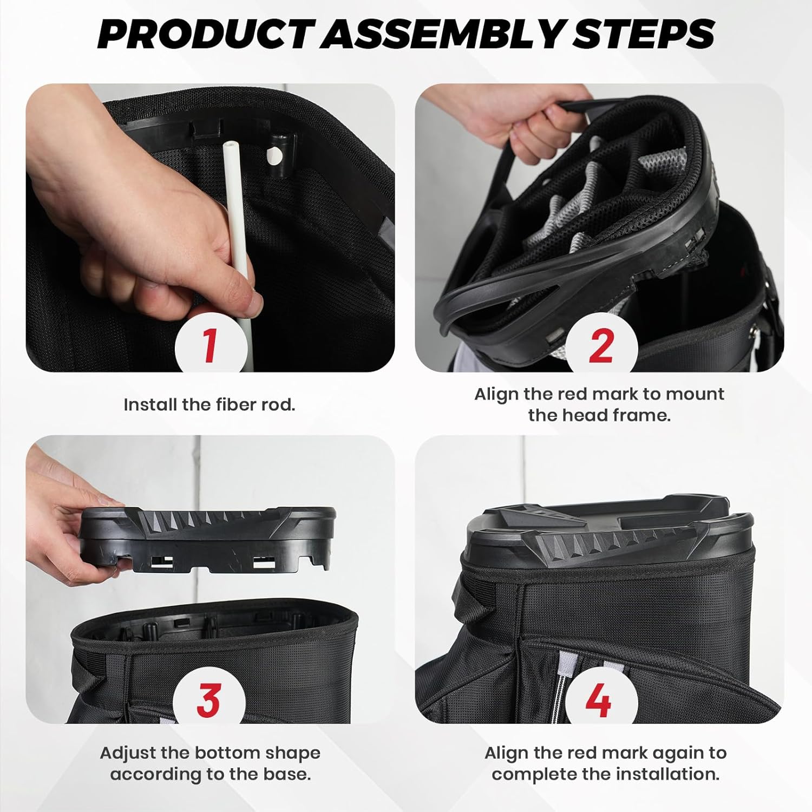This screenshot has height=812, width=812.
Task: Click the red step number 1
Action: pos(210,346)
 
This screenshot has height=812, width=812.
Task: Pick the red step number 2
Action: pos(601,346)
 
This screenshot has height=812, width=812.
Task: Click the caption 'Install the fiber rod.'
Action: pos(209,405)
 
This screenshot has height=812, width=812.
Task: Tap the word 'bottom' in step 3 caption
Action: pos(227,753)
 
